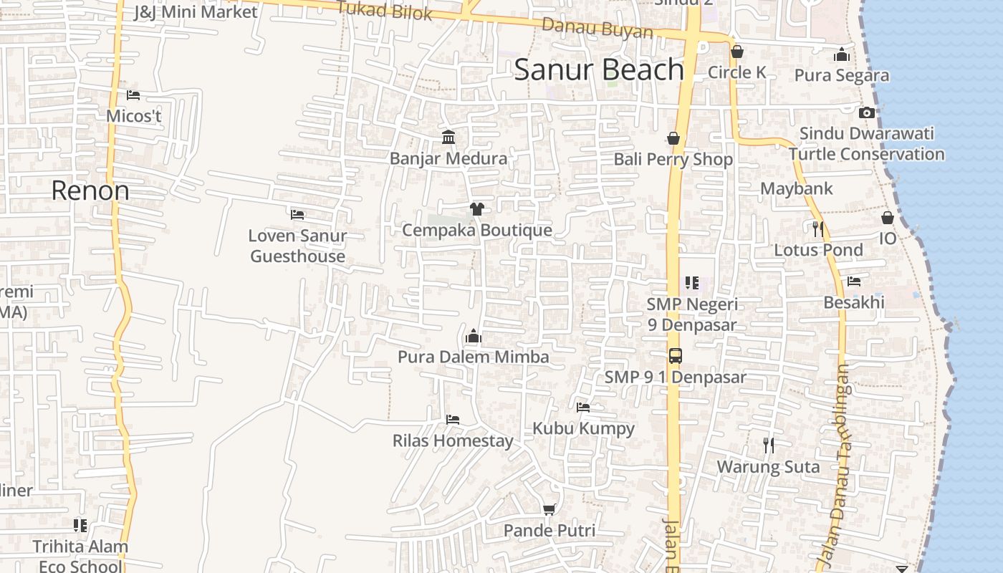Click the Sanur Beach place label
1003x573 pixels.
[x=599, y=70]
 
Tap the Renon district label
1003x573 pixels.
[x=90, y=191]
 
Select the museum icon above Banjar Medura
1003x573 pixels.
[x=448, y=137]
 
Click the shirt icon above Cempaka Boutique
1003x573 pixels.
[x=476, y=208]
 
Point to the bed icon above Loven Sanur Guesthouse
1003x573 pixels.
[x=297, y=214]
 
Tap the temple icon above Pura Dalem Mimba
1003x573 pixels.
[x=473, y=336]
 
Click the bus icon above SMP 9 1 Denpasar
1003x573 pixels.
[x=675, y=355]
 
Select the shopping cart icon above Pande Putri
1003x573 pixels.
[x=549, y=509]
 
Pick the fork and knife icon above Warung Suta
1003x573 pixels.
[x=768, y=446]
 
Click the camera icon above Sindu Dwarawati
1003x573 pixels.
[x=866, y=112]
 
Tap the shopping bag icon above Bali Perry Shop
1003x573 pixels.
[x=673, y=138]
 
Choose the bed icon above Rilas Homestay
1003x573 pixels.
[x=452, y=419]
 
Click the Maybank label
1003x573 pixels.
[x=797, y=189]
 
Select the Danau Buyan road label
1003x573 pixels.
[x=598, y=28]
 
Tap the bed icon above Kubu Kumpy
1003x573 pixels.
[x=583, y=408]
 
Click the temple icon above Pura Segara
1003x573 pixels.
[x=841, y=54]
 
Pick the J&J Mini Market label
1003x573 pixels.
[x=196, y=12]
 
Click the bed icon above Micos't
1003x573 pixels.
[x=133, y=95]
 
